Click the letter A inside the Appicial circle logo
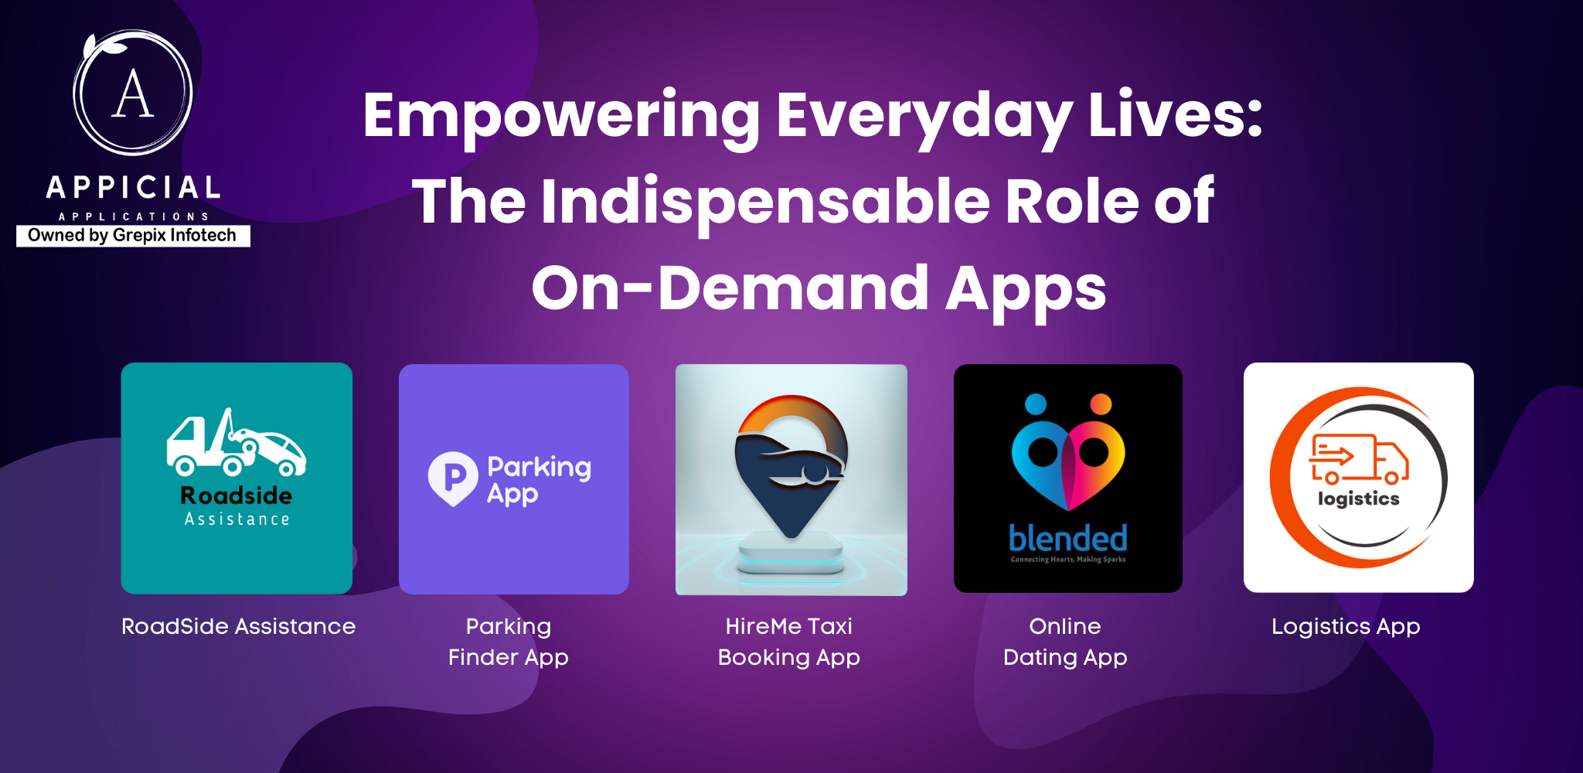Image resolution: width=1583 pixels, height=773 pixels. coord(133,94)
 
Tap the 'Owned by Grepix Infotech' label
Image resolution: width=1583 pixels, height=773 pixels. coord(132,236)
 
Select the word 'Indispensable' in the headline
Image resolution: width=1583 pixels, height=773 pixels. coord(765,202)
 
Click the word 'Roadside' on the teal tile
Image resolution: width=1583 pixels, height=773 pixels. coord(237,495)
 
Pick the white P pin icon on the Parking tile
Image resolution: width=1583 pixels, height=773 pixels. coord(453,478)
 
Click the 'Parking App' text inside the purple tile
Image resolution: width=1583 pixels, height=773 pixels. coord(539,479)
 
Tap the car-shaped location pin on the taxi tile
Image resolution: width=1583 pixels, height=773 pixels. coord(791,464)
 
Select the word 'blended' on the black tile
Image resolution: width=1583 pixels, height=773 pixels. coord(1068,538)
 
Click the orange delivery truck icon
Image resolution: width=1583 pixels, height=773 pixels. coord(1358,459)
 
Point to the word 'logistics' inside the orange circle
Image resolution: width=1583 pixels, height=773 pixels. coord(1359,499)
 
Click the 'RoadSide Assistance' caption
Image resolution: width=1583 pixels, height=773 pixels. coord(238,626)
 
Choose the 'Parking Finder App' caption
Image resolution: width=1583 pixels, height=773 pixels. coord(509,642)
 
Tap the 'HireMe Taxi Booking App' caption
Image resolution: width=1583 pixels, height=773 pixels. coord(789,642)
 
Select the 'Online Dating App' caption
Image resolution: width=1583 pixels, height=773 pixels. coord(1065,642)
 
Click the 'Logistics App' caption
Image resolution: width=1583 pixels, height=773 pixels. coord(1346,626)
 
